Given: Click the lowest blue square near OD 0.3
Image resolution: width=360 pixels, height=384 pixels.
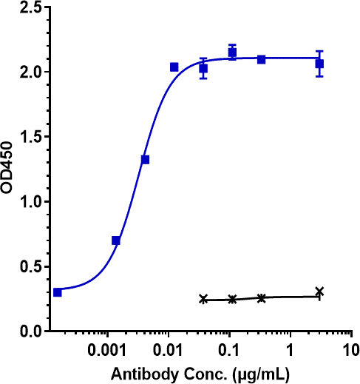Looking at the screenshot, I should [58, 292].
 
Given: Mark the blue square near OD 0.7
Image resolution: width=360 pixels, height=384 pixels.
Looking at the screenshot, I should [116, 240].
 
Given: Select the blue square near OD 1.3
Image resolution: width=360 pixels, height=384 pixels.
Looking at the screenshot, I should [145, 160].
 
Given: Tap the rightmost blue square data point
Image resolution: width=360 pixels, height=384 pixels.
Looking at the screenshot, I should [319, 64].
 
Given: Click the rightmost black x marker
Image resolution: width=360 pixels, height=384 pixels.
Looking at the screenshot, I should [319, 292].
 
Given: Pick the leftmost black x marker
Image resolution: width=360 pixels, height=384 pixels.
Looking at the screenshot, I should [203, 299].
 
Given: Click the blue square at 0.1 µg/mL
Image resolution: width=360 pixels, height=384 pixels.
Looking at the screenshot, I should [232, 53].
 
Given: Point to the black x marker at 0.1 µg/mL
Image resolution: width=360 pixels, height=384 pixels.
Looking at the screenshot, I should [232, 299].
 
